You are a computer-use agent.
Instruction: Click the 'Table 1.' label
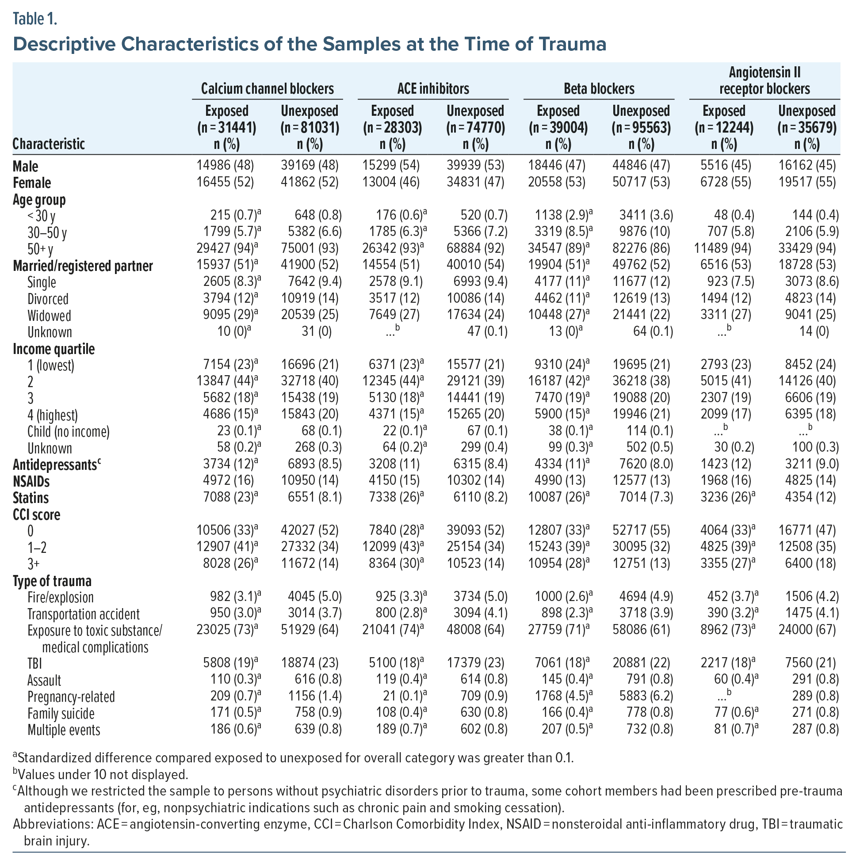coord(35,19)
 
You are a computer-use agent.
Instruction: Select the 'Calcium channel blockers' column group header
coord(267,88)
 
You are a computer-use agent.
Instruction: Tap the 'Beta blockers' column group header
coord(599,88)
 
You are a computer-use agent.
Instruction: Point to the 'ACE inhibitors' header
coord(433,88)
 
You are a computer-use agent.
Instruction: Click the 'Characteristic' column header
coord(48,144)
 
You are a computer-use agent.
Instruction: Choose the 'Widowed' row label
coord(49,316)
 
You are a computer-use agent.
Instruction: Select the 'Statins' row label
coord(31,498)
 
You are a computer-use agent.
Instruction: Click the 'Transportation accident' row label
coord(83,614)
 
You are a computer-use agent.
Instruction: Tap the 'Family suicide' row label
coord(61,713)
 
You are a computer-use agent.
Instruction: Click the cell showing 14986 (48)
coord(225,165)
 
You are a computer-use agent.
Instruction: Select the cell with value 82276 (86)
coord(641,248)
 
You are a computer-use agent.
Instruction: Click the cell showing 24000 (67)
coord(806,630)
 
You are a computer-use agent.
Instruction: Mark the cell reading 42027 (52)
coord(309,530)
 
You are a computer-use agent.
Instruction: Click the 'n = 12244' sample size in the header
coord(723,128)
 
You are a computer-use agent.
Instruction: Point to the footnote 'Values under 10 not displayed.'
coord(103,774)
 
